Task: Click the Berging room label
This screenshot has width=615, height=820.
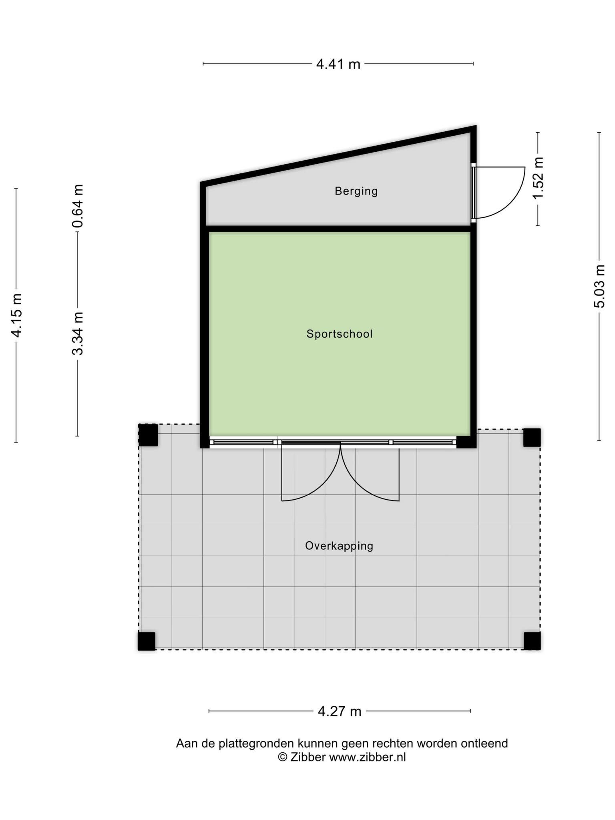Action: point(356,191)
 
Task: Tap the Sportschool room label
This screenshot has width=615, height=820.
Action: point(340,334)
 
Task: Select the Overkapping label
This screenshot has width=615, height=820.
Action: point(339,546)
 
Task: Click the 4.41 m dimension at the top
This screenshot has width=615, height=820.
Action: point(338,64)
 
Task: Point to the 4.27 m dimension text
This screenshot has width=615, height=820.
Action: point(340,711)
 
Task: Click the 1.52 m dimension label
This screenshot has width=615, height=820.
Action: point(538,178)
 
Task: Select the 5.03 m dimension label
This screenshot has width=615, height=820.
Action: point(599,286)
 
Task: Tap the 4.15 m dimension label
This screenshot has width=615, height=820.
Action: point(16,316)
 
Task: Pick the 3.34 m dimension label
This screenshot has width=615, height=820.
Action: point(77,334)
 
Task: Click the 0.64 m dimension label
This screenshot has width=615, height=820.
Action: point(77,206)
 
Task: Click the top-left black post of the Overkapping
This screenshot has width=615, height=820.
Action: point(148,435)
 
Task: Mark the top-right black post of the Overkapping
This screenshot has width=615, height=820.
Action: point(532,438)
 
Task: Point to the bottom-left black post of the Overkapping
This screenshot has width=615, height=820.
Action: point(147,641)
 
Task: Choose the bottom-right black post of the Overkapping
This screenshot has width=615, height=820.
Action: point(532,641)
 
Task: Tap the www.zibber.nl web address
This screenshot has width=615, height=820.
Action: point(368,757)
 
